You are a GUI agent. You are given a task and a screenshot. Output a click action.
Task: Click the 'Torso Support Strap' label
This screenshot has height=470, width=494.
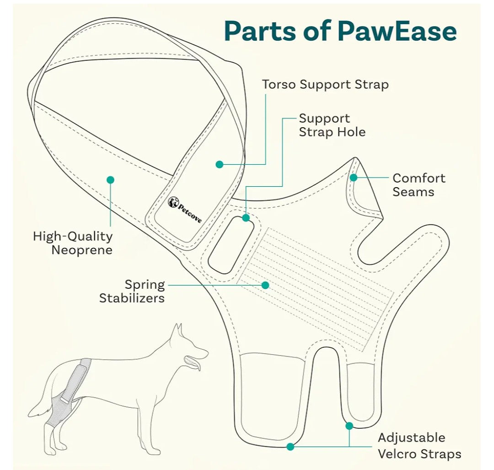tap(325, 85)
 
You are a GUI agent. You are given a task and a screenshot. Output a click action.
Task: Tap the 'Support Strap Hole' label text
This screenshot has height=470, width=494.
tap(332, 125)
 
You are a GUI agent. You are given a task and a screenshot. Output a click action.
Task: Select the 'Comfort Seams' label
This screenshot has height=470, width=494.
tap(419, 185)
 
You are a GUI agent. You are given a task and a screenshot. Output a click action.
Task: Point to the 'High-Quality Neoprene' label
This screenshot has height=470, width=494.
tap(73, 243)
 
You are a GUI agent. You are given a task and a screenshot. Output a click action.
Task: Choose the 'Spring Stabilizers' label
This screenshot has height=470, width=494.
tap(132, 291)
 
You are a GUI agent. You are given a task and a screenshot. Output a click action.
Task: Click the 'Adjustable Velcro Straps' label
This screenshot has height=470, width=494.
tap(419, 445)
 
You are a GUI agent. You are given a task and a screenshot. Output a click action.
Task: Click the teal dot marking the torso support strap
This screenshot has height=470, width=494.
tap(220, 164)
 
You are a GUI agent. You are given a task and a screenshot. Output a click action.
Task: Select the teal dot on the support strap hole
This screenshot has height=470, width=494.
tap(246, 218)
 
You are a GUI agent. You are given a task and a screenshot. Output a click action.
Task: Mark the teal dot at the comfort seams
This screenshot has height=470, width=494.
tap(353, 178)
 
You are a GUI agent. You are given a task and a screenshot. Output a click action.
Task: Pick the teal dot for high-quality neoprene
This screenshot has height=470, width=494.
tap(110, 180)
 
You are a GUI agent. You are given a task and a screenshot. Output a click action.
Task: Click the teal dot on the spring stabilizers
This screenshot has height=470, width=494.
tap(265, 285)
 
